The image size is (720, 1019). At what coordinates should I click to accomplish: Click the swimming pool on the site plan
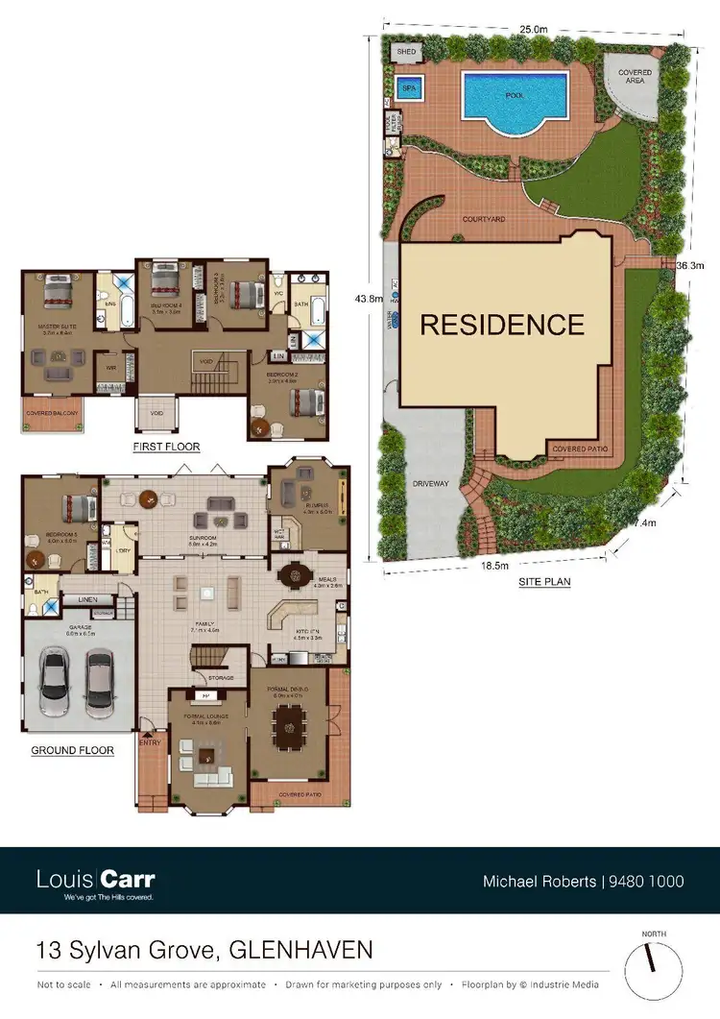click(x=516, y=97)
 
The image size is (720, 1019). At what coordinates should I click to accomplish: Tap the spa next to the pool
click(x=410, y=87)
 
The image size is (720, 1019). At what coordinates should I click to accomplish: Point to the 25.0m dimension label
click(x=534, y=29)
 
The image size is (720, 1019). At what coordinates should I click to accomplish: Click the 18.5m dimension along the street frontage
click(x=495, y=567)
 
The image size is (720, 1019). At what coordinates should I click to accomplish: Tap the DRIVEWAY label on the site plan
click(x=430, y=484)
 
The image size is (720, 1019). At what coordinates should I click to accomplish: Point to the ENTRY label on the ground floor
click(x=151, y=741)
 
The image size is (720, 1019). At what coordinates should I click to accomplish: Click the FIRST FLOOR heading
click(x=167, y=447)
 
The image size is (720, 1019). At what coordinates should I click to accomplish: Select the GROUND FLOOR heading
click(x=71, y=750)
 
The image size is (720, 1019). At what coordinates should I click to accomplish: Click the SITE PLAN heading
click(x=544, y=581)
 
